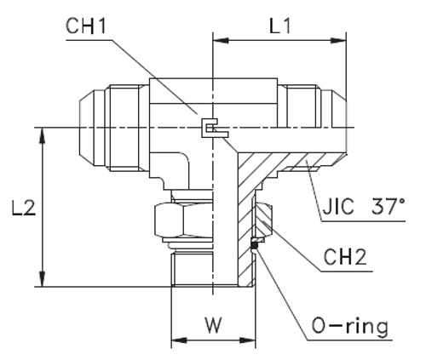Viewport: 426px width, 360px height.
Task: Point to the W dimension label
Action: tap(213, 324)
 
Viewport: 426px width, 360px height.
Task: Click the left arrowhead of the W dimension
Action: tap(176, 343)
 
